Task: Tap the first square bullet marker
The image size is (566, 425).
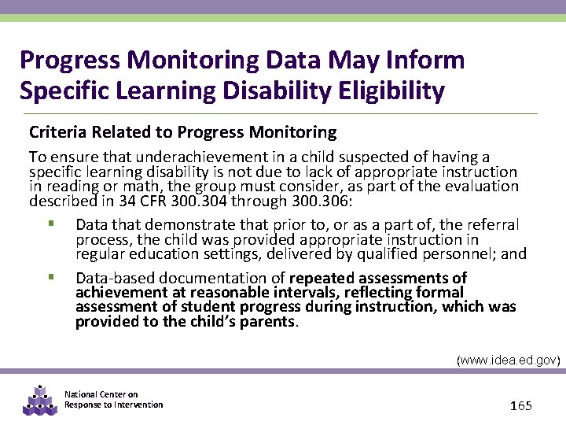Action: (50, 224)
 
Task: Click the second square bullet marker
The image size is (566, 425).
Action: (50, 277)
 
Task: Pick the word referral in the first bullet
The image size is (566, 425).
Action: (493, 225)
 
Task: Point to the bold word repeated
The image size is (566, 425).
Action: (322, 278)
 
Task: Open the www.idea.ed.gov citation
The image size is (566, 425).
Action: (509, 360)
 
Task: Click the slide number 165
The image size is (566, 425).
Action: (520, 405)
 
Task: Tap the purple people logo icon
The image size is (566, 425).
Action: (40, 400)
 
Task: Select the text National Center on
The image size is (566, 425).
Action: (101, 394)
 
